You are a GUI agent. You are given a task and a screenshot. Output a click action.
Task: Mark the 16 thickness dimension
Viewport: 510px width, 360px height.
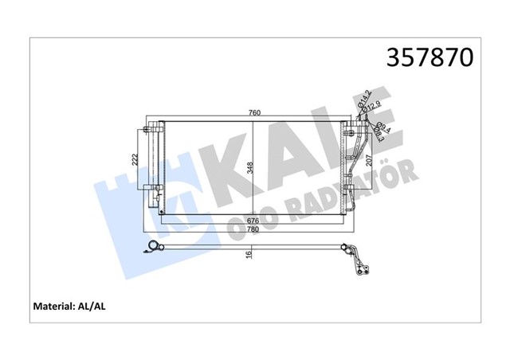pos(249,256)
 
